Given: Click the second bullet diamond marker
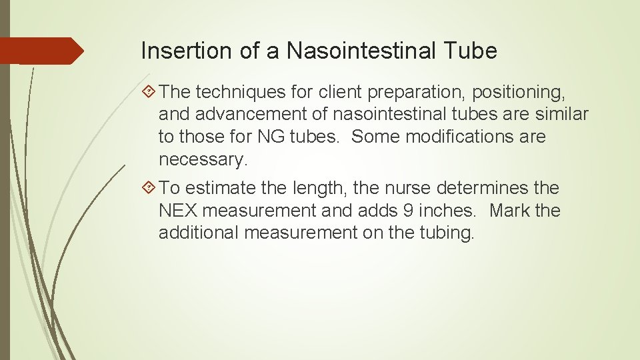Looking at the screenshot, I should click(149, 189).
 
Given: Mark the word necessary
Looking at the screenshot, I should click(203, 159).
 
